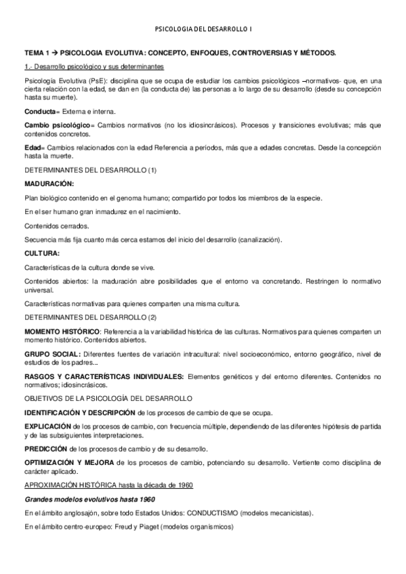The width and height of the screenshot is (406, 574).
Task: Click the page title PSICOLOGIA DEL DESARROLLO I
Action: point(203,29)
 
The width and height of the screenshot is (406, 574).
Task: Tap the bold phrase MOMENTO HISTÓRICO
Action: point(62,331)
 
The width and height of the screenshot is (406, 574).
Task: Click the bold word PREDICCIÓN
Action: point(46,449)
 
